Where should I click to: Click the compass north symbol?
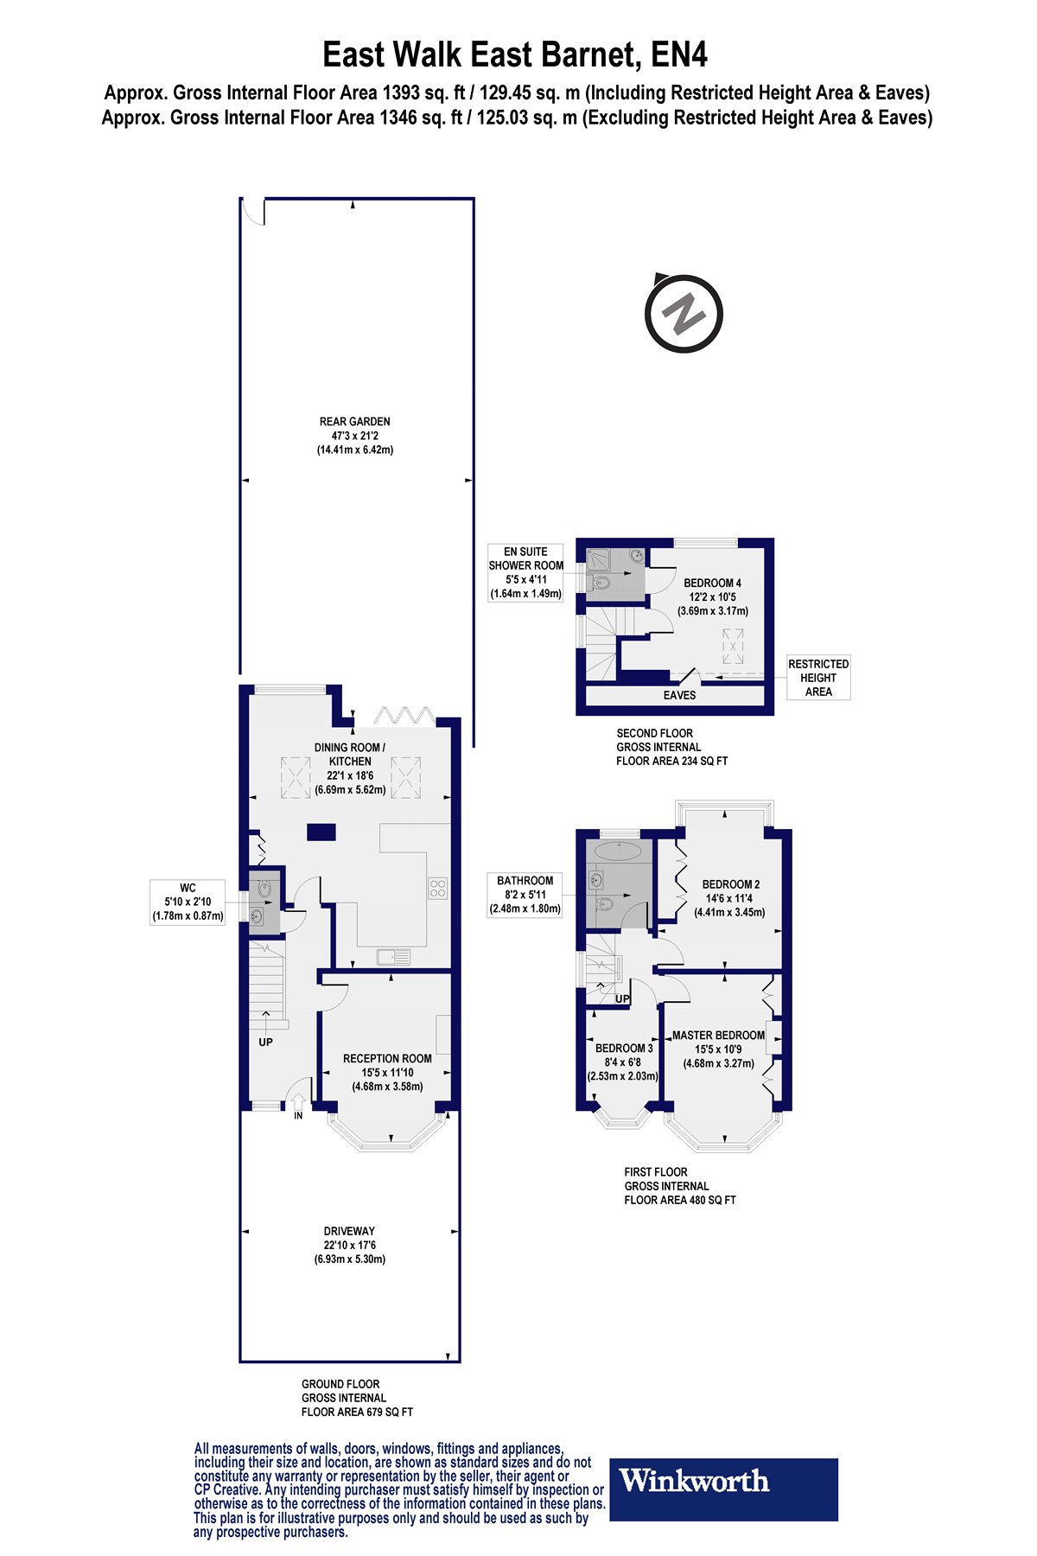[684, 312]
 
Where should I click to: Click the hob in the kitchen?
[437, 889]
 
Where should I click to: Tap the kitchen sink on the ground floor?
[394, 957]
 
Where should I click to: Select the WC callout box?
[188, 902]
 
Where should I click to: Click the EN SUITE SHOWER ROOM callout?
[525, 572]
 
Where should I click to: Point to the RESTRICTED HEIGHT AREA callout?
[818, 678]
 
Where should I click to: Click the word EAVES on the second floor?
[679, 695]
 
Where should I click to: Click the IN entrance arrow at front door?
[298, 1103]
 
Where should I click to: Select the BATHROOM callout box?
[525, 894]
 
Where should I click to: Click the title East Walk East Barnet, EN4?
[515, 55]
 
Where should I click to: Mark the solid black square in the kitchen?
[321, 832]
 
